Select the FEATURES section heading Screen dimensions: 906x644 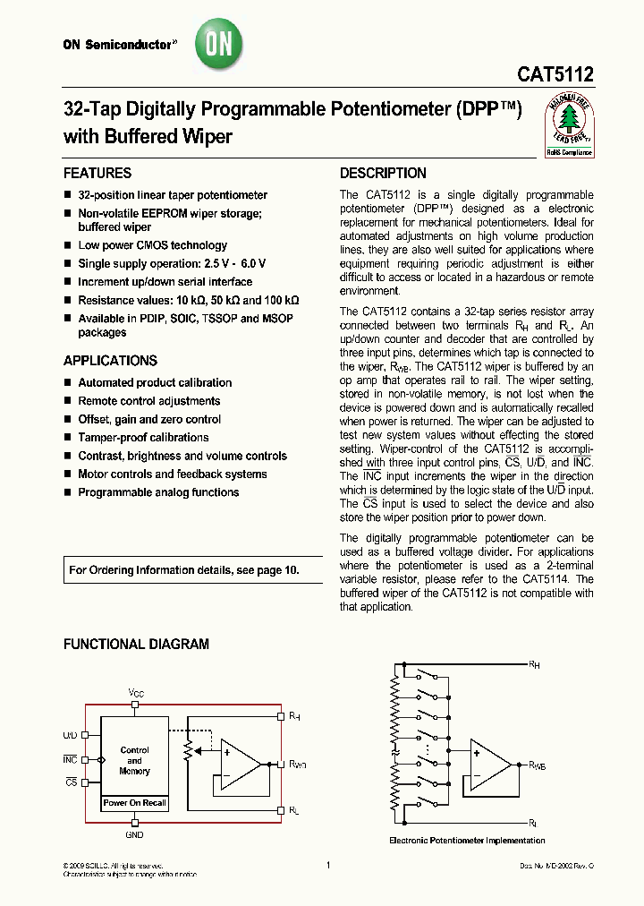(x=97, y=174)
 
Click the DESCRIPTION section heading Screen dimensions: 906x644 (x=383, y=174)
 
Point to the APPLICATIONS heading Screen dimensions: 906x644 (x=110, y=361)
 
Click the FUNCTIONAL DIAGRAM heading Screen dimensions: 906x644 (x=136, y=644)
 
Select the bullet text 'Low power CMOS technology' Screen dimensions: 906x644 (x=152, y=245)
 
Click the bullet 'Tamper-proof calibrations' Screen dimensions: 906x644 (x=143, y=438)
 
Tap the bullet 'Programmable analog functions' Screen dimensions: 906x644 (x=158, y=492)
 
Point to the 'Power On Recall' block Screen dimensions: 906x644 (x=134, y=803)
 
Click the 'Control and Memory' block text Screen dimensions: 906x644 (x=134, y=760)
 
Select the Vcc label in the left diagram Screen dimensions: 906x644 (x=135, y=694)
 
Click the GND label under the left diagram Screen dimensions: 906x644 (x=134, y=833)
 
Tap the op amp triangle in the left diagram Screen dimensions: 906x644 (x=238, y=765)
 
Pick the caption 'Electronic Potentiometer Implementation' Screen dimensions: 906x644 (x=467, y=841)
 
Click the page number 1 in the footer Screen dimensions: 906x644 (x=328, y=865)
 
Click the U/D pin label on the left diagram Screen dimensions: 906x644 (x=70, y=734)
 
